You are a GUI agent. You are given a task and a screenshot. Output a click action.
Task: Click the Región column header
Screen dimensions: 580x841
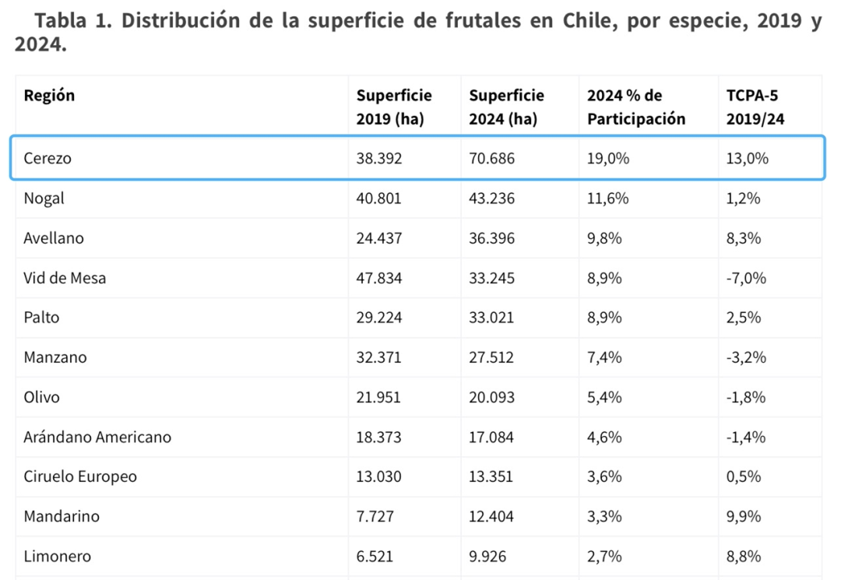tap(49, 96)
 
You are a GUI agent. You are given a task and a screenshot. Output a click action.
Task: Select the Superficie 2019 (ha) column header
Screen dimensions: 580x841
tap(394, 107)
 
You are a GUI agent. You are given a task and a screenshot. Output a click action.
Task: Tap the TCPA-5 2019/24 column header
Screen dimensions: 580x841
tap(752, 107)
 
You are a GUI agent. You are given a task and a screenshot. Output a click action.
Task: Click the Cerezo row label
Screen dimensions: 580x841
tap(48, 158)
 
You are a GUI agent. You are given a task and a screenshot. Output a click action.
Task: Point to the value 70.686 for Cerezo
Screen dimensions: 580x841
tap(491, 158)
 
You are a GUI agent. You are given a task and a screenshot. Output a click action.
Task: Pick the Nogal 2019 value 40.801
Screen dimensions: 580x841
tap(379, 199)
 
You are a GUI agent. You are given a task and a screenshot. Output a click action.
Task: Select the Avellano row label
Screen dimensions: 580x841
tap(54, 238)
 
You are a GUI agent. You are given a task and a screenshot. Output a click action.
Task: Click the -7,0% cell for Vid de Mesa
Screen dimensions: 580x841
tap(746, 278)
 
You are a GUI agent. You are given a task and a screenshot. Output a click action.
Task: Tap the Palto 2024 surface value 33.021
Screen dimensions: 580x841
tap(491, 318)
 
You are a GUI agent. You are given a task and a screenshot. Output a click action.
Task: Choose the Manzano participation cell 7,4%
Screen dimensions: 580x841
tap(603, 357)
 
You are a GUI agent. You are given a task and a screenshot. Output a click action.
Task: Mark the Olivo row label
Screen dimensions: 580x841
tap(42, 397)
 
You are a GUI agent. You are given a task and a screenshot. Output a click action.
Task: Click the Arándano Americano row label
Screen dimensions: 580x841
tap(97, 437)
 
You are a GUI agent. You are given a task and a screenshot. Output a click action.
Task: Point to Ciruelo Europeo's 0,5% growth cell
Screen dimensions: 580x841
tap(744, 476)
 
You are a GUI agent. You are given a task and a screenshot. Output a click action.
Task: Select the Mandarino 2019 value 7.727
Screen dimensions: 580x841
tap(375, 516)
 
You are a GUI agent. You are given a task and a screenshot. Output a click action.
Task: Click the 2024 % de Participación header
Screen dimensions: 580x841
tap(636, 107)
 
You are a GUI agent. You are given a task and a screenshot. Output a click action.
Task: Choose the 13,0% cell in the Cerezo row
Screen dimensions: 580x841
tap(748, 158)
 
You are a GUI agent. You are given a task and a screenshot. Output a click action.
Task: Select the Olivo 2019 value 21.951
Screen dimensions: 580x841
tap(378, 397)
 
